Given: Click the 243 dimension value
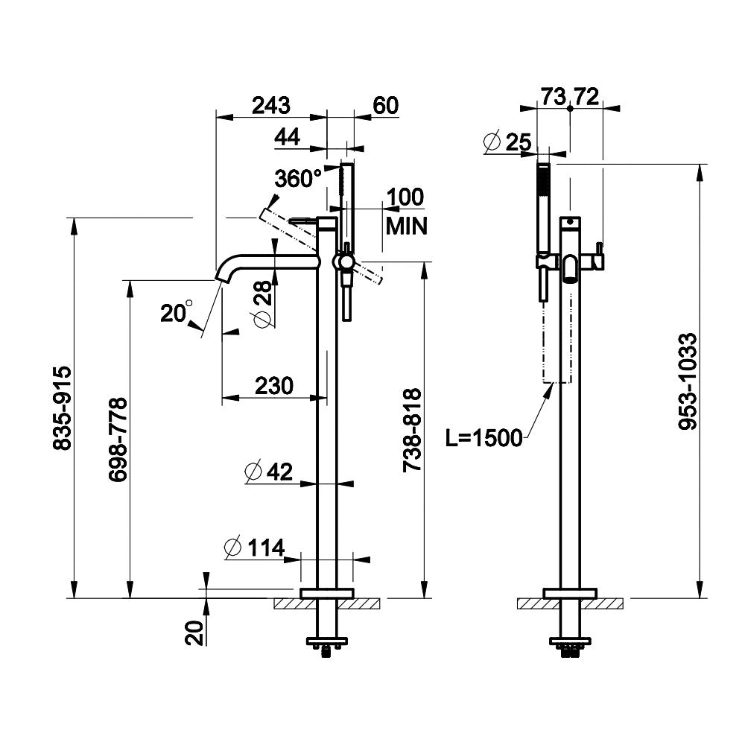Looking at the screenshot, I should [x=270, y=106].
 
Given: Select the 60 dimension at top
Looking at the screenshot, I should [x=385, y=106].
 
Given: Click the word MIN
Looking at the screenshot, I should [x=406, y=226].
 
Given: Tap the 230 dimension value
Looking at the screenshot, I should [x=274, y=385].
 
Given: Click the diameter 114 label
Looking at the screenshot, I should [x=255, y=548].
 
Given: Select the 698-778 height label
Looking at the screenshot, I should [x=118, y=440].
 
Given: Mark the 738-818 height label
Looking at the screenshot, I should [x=411, y=430].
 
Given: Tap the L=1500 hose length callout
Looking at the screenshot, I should [x=484, y=439].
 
